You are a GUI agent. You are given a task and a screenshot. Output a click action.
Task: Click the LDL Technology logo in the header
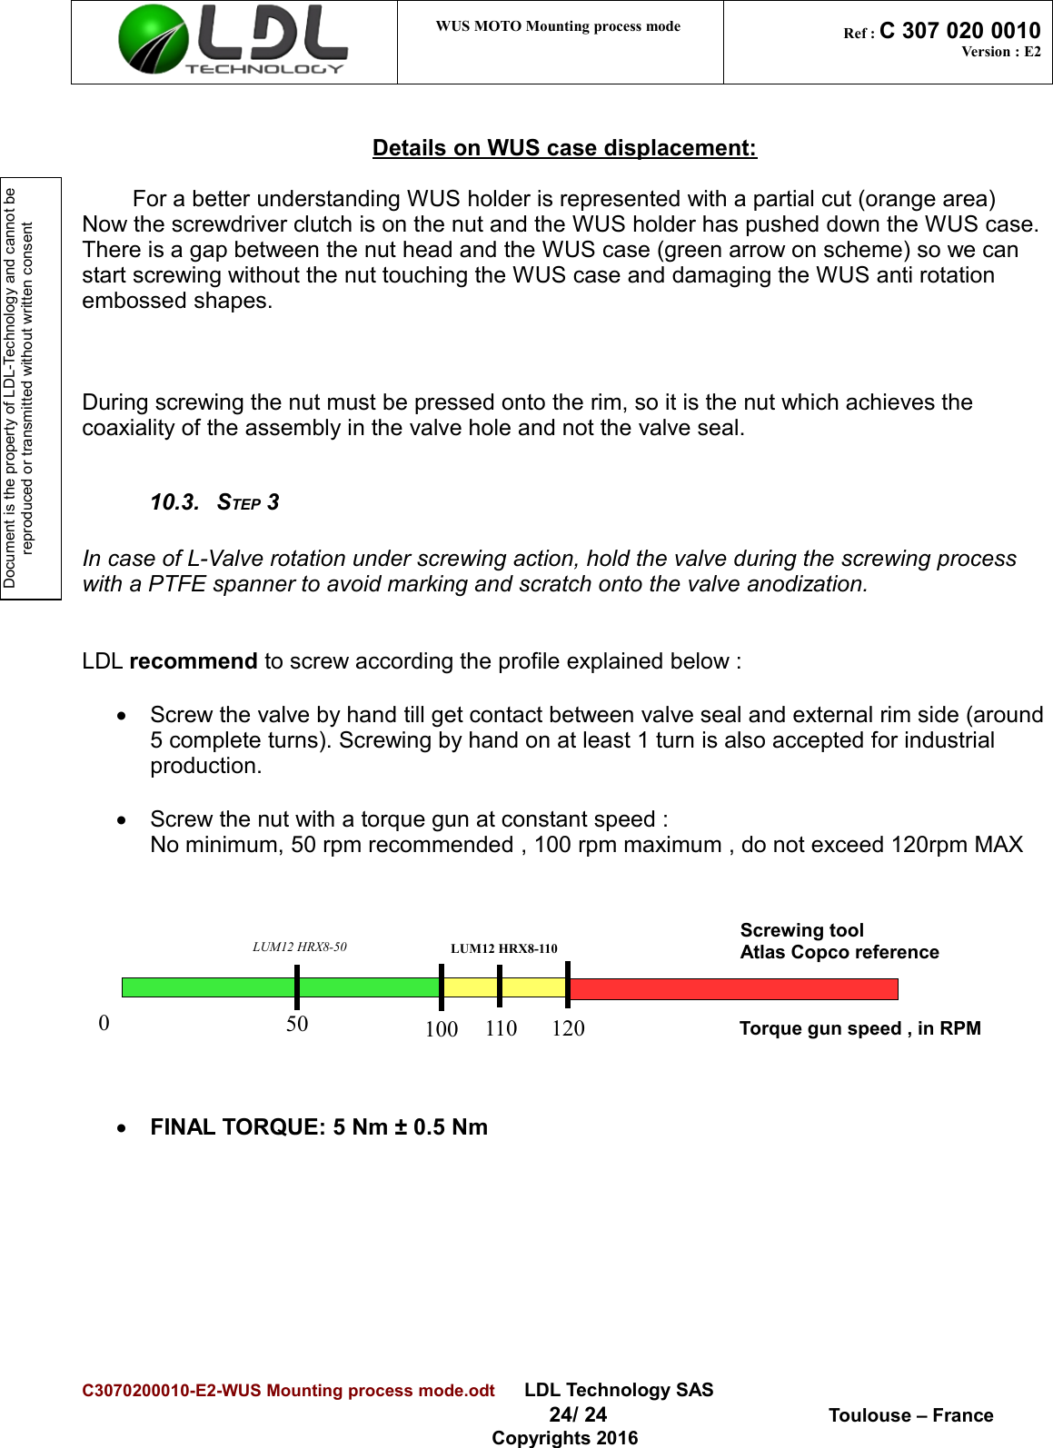click(x=233, y=41)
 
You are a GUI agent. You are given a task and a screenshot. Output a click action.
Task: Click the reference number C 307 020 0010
click(x=959, y=31)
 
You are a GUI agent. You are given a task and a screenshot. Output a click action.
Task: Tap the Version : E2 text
click(x=1000, y=52)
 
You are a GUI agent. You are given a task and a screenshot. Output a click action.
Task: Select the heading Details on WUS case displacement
click(x=564, y=148)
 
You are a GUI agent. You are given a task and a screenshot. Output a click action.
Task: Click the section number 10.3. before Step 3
click(x=174, y=502)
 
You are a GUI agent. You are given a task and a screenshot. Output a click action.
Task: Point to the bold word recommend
click(x=193, y=661)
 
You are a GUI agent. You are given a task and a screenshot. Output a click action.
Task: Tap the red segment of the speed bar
click(x=732, y=988)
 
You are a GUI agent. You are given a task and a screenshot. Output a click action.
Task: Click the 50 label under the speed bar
click(x=297, y=1024)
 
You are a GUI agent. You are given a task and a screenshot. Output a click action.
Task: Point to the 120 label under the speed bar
click(x=568, y=1028)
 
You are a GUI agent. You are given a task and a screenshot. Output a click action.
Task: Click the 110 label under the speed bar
click(x=501, y=1028)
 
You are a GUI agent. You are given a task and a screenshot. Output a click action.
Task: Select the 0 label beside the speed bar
click(x=104, y=1023)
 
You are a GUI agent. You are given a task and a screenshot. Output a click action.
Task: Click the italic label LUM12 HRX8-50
click(x=299, y=947)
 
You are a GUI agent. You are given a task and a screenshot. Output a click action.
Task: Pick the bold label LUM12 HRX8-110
click(x=503, y=948)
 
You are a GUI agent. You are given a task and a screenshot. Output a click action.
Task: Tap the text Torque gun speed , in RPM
click(x=859, y=1028)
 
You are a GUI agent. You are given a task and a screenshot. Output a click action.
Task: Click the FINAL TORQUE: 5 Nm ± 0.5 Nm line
click(x=319, y=1127)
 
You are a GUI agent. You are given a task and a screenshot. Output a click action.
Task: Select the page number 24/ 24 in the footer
click(x=578, y=1414)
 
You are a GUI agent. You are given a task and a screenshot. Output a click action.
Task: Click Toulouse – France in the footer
click(x=910, y=1415)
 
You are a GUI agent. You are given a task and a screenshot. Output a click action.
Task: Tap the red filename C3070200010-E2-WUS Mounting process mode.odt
click(x=288, y=1391)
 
